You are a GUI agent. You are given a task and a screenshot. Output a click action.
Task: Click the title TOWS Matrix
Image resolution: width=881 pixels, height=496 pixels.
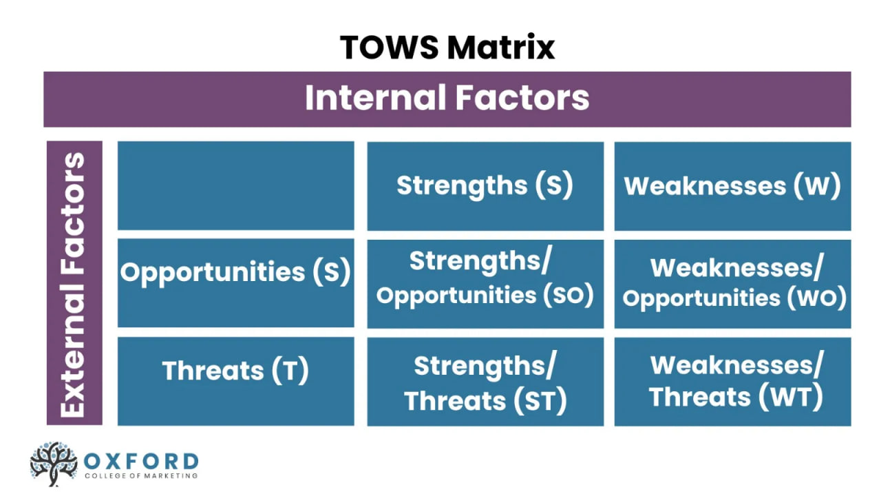(447, 47)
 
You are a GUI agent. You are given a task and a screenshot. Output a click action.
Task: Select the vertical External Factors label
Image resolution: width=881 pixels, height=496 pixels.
(74, 283)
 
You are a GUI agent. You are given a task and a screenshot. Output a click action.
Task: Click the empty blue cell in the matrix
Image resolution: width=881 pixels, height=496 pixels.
(235, 185)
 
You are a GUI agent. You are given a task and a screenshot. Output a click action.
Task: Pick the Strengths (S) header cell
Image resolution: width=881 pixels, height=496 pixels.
(485, 185)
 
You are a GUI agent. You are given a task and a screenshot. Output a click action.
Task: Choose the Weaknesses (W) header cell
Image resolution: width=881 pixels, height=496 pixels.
(732, 186)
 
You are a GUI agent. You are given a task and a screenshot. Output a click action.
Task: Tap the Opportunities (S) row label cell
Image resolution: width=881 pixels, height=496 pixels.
(235, 272)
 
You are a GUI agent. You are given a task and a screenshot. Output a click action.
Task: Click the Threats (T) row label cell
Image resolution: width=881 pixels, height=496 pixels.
(235, 371)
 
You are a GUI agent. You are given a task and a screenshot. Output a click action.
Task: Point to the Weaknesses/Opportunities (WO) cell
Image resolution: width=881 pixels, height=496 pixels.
(732, 282)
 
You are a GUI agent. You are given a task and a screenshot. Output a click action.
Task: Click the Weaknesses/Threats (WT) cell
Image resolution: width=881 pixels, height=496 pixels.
(732, 381)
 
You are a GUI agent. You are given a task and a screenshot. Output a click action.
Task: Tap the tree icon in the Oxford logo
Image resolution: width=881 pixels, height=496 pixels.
(54, 463)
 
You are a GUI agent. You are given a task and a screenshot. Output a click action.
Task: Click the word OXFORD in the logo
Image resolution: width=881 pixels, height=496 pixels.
(141, 461)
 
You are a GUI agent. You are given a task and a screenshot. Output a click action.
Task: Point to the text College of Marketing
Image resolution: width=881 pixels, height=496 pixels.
(141, 475)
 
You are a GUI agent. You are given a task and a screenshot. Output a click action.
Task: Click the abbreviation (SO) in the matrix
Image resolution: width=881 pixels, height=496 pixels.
(568, 295)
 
